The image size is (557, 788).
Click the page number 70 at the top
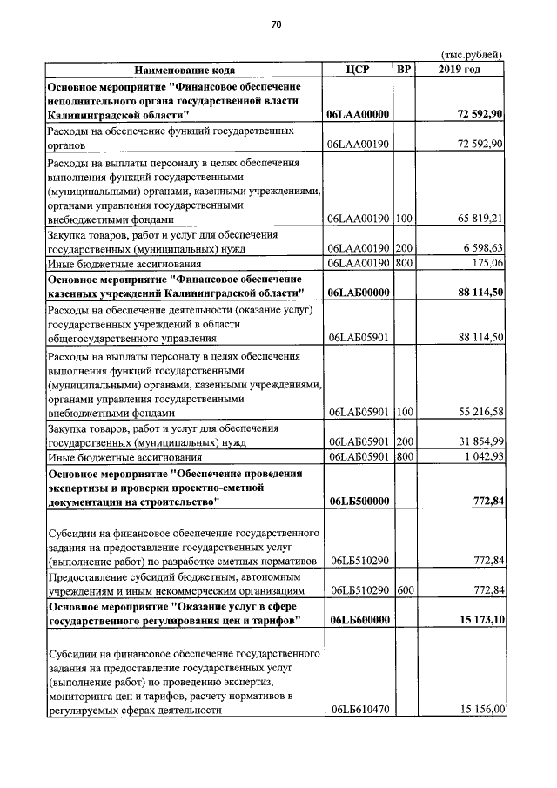tap(276, 24)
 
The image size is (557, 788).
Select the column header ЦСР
tap(358, 69)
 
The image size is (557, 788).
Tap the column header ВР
tap(404, 69)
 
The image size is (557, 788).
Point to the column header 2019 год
tap(460, 69)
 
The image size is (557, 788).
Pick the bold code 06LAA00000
tap(358, 115)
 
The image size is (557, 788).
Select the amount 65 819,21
tap(479, 218)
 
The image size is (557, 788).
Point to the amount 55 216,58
tap(479, 412)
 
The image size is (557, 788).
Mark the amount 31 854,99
tap(479, 442)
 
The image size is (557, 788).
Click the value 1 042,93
tap(481, 457)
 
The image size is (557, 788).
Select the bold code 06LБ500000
tap(358, 502)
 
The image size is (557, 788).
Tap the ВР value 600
tap(404, 590)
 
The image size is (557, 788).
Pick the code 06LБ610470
tap(358, 710)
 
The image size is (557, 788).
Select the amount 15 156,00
tap(479, 710)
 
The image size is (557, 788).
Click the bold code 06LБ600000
tap(358, 620)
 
